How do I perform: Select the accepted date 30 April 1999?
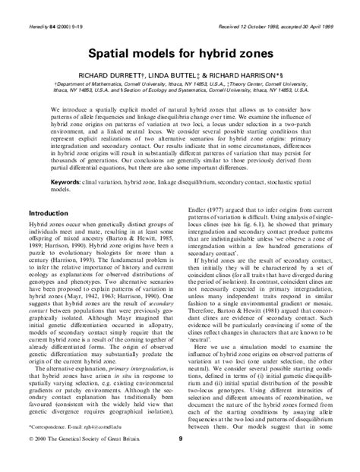319,7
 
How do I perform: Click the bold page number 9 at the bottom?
180,460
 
